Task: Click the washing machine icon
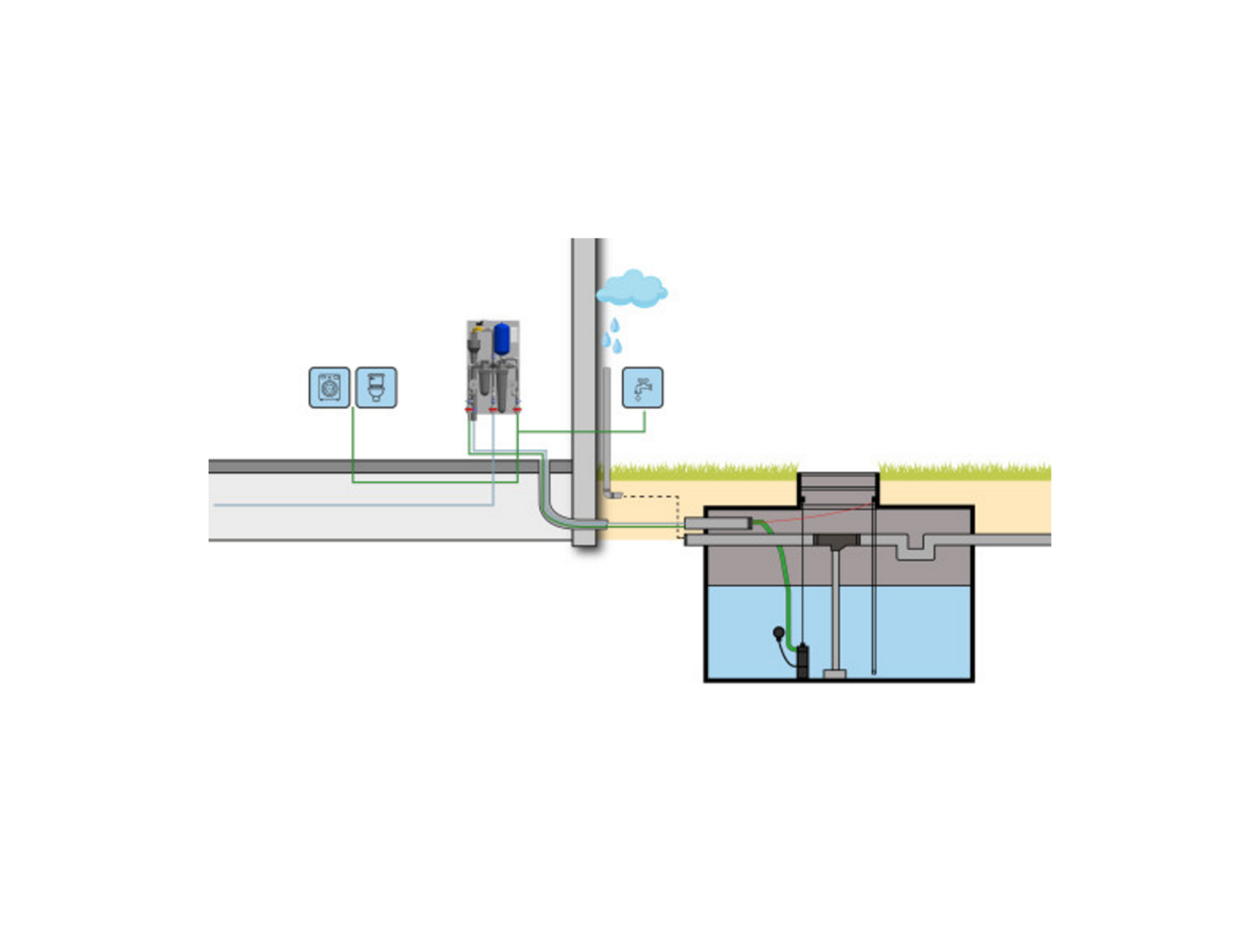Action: [x=329, y=388]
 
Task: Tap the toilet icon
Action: [x=376, y=388]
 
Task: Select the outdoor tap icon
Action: [x=642, y=388]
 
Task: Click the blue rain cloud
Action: [x=632, y=289]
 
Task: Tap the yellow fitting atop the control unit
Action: [x=478, y=329]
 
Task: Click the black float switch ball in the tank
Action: [x=779, y=632]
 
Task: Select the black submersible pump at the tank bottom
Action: [x=802, y=661]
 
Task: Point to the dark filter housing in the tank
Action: [x=836, y=541]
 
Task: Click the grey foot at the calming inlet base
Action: [x=835, y=674]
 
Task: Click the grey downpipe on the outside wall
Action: [x=607, y=425]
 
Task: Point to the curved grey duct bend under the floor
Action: [x=551, y=511]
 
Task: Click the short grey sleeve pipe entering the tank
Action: [x=717, y=524]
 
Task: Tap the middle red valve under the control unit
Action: [x=493, y=409]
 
